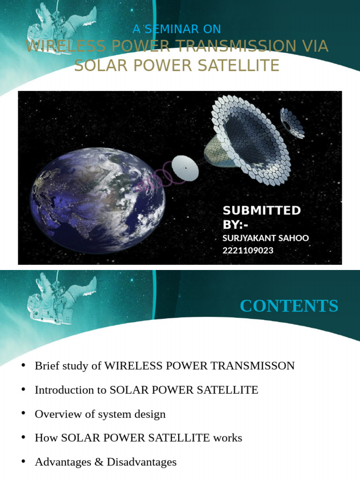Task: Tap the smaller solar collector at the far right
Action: [x=292, y=123]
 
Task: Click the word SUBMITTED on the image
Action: [x=262, y=210]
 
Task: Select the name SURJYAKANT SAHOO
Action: [x=265, y=238]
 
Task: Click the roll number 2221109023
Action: [x=247, y=250]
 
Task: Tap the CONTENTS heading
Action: [x=289, y=306]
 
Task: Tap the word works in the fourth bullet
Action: [x=227, y=438]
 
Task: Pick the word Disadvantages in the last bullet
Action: [x=142, y=462]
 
